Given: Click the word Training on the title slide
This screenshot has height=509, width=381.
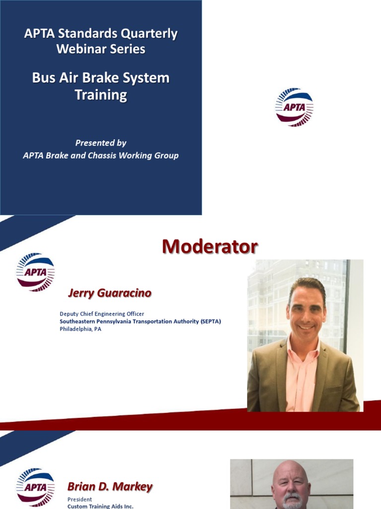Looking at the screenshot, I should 101,95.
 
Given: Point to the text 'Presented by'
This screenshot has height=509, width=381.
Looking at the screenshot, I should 101,143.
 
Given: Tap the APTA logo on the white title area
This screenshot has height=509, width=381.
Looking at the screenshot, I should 294,107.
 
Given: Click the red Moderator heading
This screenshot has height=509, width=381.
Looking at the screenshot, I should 210,247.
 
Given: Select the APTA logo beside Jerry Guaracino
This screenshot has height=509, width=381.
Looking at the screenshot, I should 35,271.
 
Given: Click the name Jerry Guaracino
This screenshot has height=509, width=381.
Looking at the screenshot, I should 109,293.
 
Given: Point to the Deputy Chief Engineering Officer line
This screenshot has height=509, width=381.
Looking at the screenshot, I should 102,314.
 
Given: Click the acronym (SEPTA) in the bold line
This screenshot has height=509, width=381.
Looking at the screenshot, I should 210,321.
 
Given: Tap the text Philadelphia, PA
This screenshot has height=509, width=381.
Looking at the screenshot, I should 80,329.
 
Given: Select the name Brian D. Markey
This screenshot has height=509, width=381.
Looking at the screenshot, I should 110,487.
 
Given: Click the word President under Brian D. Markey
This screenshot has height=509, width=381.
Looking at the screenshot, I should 79,499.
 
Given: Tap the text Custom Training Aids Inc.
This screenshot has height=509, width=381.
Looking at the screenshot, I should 100,506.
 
